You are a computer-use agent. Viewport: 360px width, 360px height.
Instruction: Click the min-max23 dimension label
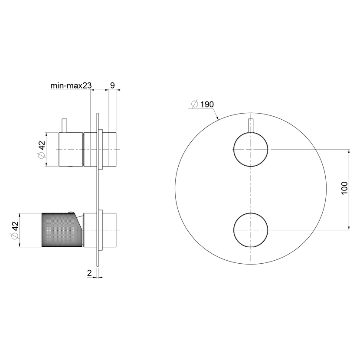pyautogui.click(x=71, y=85)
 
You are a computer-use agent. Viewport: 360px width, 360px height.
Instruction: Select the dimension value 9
pyautogui.click(x=112, y=85)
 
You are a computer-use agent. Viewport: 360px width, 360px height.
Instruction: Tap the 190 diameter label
pyautogui.click(x=207, y=105)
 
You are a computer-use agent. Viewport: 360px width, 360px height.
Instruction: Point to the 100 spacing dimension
pyautogui.click(x=345, y=188)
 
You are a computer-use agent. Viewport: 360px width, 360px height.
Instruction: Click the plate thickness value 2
pyautogui.click(x=89, y=273)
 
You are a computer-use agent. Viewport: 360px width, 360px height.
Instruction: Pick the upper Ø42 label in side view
pyautogui.click(x=42, y=150)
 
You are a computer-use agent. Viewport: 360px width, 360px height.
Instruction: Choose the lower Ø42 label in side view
pyautogui.click(x=15, y=230)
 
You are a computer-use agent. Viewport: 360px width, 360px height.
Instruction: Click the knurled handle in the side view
pyautogui.click(x=62, y=230)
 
